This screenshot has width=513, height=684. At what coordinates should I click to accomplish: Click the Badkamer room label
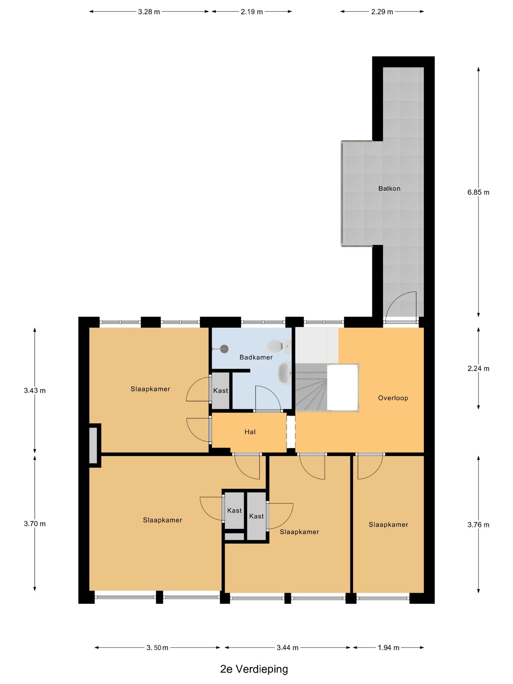tap(256, 357)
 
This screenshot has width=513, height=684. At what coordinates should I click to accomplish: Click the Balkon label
tap(389, 189)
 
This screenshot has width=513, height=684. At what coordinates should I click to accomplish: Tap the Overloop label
tap(393, 398)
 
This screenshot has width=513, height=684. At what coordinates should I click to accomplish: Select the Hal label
tap(250, 432)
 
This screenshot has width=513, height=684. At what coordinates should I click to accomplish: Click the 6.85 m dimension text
tap(478, 192)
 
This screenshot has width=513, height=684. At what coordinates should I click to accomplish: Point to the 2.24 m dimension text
tap(478, 369)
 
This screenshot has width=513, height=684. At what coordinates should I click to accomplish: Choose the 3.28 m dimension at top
tap(149, 12)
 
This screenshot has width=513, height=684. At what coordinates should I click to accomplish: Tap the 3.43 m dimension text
tap(35, 390)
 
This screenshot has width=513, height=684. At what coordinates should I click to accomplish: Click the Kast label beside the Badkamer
tap(220, 390)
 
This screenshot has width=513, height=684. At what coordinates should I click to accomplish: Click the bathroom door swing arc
tap(267, 397)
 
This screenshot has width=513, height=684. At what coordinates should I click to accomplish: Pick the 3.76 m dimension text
tap(478, 525)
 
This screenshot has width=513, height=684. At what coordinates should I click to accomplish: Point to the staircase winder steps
tap(311, 387)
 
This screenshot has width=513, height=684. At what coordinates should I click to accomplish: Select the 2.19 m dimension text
tap(251, 12)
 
